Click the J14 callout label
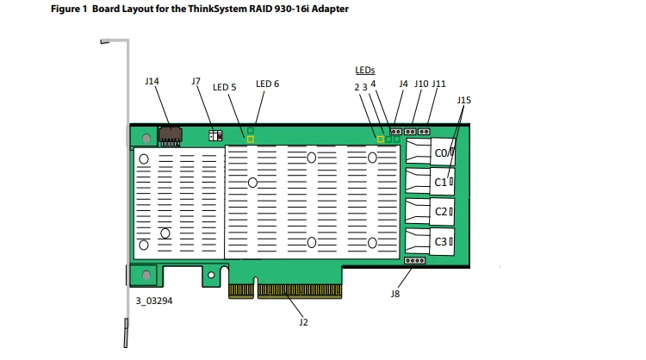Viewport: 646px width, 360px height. pos(152,81)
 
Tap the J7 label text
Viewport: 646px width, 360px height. pos(196,81)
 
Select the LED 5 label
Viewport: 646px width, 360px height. pos(225,87)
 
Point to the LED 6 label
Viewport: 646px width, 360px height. pos(267,84)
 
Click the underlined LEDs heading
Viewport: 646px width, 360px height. pos(365,70)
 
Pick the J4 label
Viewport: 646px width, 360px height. pos(403,84)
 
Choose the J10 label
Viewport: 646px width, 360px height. pos(421,84)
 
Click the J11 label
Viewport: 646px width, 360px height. pos(438,84)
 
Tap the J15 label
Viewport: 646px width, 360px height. pos(464,100)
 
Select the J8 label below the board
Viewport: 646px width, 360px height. pos(395,294)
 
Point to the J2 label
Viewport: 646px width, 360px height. pos(304,322)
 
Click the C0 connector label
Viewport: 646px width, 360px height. pos(440,153)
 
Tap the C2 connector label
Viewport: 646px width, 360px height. pos(441,212)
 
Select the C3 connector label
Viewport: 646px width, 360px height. pos(441,242)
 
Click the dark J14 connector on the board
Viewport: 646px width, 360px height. pos(171,136)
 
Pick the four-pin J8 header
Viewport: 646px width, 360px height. pos(415,261)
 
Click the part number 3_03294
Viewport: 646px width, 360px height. pos(154,301)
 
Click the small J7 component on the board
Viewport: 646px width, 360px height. pos(215,135)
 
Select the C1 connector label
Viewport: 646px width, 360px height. pos(440,182)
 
